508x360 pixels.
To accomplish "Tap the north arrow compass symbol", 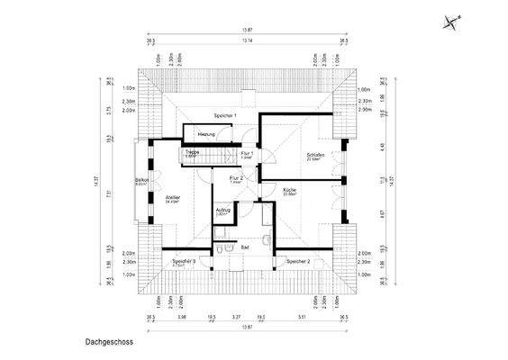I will tap(450, 24).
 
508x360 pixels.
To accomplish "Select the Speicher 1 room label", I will tap(225, 116).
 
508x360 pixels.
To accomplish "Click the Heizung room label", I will tap(206, 134).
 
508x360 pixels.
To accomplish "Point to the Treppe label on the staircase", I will tap(193, 152).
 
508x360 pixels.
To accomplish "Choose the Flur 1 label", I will tap(246, 154).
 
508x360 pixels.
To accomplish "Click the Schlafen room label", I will tap(315, 155).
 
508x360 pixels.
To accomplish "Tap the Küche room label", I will tap(290, 191).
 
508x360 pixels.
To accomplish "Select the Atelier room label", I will tap(172, 196).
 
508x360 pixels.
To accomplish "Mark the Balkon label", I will tap(141, 181).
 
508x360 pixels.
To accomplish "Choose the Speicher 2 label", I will tap(298, 261).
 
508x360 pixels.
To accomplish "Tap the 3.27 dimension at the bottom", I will tap(236, 317).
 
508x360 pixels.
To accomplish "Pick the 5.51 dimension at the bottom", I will tap(304, 317).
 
